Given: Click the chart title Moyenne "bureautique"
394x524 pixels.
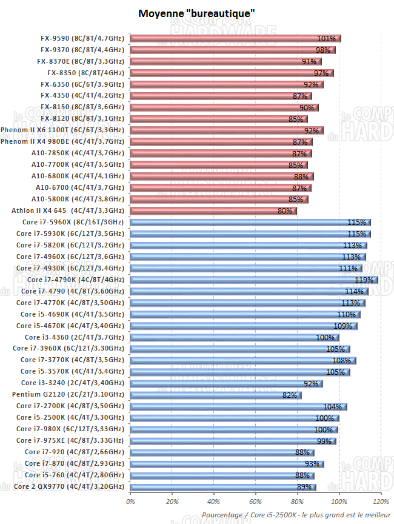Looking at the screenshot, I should click(196, 13).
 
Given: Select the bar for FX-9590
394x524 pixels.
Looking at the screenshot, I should click(235, 39).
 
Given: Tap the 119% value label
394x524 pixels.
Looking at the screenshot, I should click(363, 280).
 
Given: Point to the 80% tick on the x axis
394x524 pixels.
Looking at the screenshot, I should click(298, 502).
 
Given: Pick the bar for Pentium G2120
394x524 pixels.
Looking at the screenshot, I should click(215, 395).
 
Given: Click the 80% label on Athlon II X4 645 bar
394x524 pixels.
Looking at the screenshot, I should click(284, 211).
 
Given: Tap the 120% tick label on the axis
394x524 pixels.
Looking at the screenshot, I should click(381, 502).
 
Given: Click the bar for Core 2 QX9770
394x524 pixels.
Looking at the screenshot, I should click(222, 487).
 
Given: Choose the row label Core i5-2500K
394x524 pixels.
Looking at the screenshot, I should click(72, 418).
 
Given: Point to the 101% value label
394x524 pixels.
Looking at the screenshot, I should click(326, 39).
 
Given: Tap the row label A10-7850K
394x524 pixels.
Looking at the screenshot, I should click(78, 153).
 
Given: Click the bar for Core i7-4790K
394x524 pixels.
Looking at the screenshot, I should click(254, 280).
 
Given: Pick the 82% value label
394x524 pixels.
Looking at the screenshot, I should click(290, 395).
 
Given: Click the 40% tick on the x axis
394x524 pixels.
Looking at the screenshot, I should click(214, 502).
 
